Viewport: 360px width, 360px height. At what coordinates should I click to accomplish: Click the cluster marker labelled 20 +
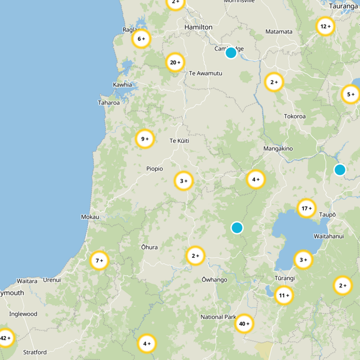pyautogui.click(x=175, y=63)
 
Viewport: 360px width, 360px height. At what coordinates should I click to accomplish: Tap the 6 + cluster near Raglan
pyautogui.click(x=141, y=39)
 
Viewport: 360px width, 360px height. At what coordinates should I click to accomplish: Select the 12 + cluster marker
pyautogui.click(x=325, y=27)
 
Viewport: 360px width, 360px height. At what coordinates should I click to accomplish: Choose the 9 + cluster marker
pyautogui.click(x=145, y=139)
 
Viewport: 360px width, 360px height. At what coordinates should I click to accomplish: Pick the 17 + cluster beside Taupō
pyautogui.click(x=307, y=208)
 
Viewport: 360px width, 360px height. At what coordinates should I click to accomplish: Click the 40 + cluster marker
pyautogui.click(x=244, y=324)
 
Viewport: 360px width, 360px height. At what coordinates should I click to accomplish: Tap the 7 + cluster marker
pyautogui.click(x=99, y=261)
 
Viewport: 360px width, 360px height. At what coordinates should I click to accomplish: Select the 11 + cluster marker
pyautogui.click(x=284, y=296)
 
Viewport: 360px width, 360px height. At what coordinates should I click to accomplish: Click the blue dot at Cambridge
pyautogui.click(x=231, y=53)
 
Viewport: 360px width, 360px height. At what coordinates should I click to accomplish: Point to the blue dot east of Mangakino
pyautogui.click(x=340, y=170)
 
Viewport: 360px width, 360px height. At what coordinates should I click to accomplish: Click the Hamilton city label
pyautogui.click(x=198, y=27)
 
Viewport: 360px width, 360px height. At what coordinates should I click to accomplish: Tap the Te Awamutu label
pyautogui.click(x=206, y=73)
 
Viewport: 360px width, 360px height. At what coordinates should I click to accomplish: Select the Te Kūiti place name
pyautogui.click(x=179, y=141)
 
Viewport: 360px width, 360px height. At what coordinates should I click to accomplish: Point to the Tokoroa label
pyautogui.click(x=295, y=117)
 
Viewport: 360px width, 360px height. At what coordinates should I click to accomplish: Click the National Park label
pyautogui.click(x=218, y=317)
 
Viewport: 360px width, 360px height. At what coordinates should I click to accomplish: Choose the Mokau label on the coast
pyautogui.click(x=90, y=217)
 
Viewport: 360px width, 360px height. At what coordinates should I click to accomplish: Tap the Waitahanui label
pyautogui.click(x=329, y=236)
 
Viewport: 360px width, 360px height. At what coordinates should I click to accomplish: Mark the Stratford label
pyautogui.click(x=35, y=352)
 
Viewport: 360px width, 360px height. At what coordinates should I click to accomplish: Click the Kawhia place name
pyautogui.click(x=122, y=85)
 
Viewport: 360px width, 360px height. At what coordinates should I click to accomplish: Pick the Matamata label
pyautogui.click(x=279, y=32)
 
